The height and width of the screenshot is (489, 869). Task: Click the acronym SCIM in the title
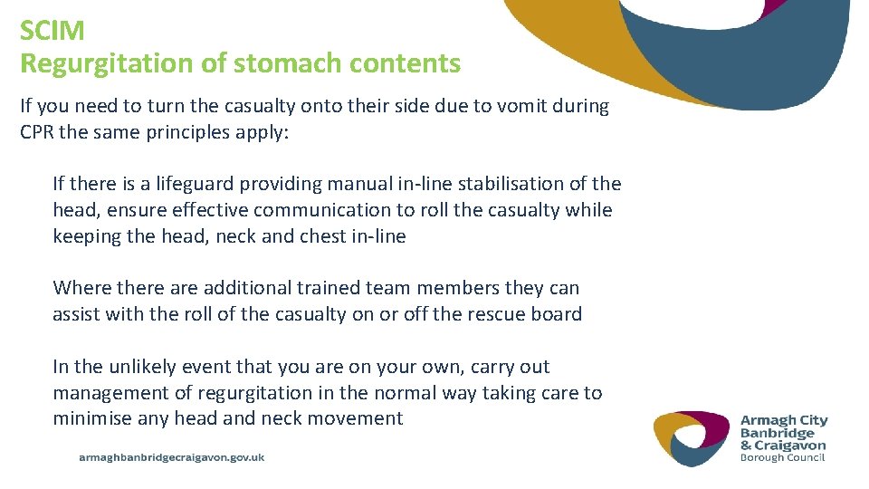coord(53,30)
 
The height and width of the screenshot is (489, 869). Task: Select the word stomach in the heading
coord(278,63)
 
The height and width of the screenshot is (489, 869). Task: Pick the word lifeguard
coord(190,184)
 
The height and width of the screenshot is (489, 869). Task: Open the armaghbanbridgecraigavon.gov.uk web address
coord(172,458)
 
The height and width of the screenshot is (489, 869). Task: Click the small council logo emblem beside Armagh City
coord(692,438)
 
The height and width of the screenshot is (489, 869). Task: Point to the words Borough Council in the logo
coord(782,457)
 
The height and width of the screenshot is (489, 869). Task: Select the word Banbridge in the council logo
coord(778,433)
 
